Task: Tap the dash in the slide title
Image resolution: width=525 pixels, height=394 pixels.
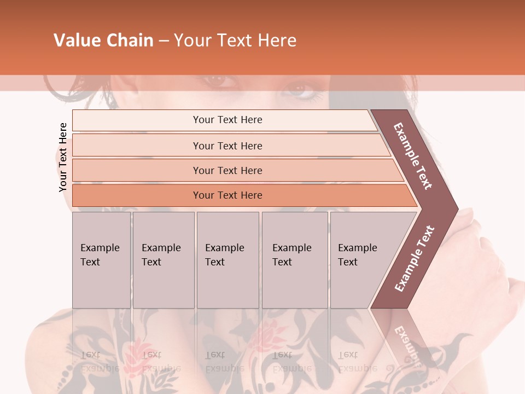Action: pos(164,41)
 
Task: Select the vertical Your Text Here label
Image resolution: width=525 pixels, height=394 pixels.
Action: pos(63,157)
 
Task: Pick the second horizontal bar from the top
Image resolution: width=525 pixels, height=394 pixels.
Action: pos(227,146)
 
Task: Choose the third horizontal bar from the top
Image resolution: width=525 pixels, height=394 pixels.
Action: pos(227,170)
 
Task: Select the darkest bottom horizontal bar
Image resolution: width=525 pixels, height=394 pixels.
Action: pos(227,195)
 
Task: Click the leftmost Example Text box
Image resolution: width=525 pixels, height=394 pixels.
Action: pos(101,259)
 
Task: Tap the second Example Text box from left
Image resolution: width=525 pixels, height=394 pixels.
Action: pos(163,259)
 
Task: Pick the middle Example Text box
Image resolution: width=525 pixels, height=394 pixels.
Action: pos(227,259)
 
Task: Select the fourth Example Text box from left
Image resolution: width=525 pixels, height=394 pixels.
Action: pos(294,259)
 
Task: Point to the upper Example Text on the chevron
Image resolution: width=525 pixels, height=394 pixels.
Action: pos(413,156)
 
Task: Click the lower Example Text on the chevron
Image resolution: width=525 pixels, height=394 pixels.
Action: pos(414,258)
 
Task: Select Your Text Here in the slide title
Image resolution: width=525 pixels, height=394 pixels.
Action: pos(235,40)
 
